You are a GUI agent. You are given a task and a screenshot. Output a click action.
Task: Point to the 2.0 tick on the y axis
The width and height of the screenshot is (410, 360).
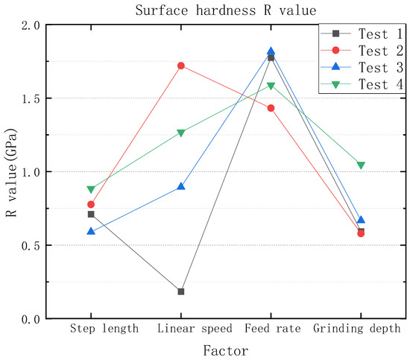tap(31, 25)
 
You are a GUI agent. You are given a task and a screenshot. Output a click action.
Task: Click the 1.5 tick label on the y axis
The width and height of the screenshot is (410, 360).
tap(31, 98)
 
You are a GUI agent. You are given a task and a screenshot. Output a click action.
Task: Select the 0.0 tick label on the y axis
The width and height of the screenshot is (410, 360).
tap(31, 319)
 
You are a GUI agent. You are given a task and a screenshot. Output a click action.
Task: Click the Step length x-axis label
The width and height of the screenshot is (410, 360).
tap(104, 329)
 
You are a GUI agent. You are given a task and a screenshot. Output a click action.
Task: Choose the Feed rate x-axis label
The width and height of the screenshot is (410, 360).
tap(271, 329)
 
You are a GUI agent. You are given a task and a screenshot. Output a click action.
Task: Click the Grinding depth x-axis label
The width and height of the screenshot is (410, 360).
tap(357, 329)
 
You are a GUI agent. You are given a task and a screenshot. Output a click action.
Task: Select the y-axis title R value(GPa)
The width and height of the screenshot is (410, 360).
tap(12, 172)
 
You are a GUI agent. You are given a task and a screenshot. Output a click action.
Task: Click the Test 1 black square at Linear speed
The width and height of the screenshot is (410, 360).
tap(181, 291)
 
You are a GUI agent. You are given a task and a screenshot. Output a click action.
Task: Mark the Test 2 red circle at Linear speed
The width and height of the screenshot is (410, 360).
tap(181, 66)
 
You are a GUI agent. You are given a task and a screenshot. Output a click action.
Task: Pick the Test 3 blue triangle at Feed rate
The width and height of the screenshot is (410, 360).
tap(271, 52)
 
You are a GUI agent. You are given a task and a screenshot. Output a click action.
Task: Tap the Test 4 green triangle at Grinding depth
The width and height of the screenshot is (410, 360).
tap(361, 165)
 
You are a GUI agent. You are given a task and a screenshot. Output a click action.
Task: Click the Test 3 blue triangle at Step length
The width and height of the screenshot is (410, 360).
tap(91, 232)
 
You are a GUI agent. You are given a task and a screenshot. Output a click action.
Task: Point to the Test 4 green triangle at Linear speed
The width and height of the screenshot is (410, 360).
tap(181, 133)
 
